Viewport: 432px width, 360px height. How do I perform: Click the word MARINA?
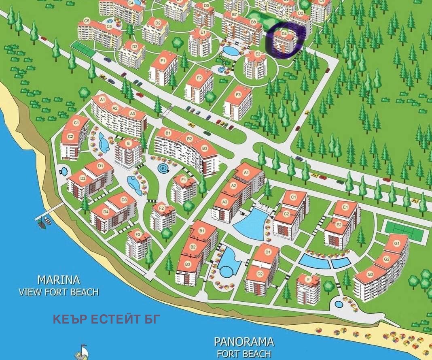tap(59, 280)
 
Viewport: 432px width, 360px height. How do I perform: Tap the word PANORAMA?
tap(244, 342)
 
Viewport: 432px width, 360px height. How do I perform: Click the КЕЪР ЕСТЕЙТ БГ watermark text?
tap(106, 319)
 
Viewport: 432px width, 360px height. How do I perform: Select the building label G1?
tap(397, 243)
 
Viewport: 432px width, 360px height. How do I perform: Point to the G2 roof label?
tap(386, 259)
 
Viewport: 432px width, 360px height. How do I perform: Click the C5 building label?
tap(87, 20)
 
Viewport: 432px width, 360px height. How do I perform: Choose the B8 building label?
tap(254, 21)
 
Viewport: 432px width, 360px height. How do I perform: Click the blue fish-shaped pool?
tap(63, 171)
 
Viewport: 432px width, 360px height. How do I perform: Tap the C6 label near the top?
tap(109, 26)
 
